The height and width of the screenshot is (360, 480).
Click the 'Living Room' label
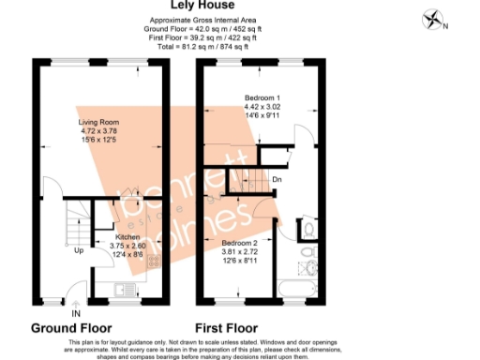[98, 121]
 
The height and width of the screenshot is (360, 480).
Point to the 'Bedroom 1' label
[263, 97]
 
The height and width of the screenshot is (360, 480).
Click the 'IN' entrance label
[76, 312]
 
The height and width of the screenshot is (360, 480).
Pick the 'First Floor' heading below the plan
[226, 329]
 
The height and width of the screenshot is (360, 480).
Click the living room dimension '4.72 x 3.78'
[98, 130]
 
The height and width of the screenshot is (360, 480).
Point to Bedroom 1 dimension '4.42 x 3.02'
[263, 107]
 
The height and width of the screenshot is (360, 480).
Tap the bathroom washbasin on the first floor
[307, 254]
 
